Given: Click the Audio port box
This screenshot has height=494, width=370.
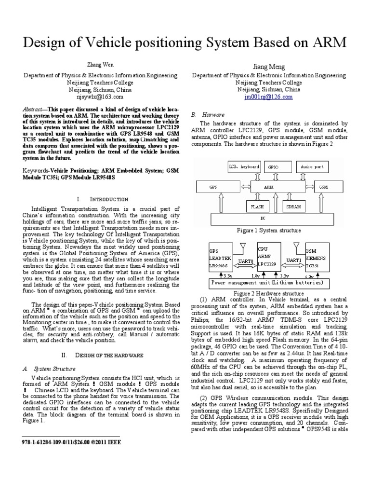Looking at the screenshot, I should coord(313,167).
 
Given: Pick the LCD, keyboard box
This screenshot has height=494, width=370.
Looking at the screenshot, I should coord(244,167).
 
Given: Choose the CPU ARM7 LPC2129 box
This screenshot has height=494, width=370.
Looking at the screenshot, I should coord(268,259).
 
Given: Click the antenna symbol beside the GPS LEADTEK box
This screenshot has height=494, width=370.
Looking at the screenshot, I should coord(243,247).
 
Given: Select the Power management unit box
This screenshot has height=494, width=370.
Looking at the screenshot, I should coord(269,283).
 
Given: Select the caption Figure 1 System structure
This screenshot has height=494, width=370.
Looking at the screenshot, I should coord(268,231).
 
